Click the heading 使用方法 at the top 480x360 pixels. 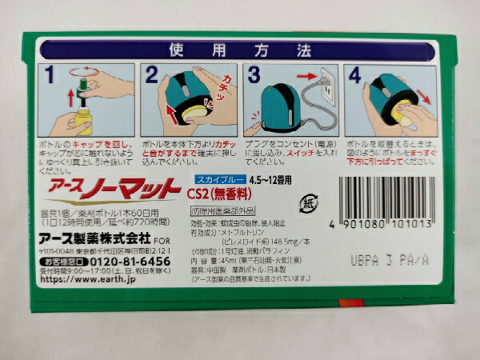[x=239, y=50]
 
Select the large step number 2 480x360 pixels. [x=152, y=78]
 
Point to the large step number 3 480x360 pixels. [x=254, y=78]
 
